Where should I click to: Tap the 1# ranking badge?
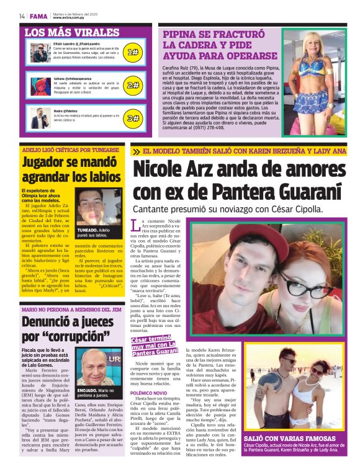point(133,53)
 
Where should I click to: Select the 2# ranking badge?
point(133,85)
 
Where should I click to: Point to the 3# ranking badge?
point(133,118)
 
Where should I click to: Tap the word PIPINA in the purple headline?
point(182,35)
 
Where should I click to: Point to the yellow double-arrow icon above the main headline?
point(135,151)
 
